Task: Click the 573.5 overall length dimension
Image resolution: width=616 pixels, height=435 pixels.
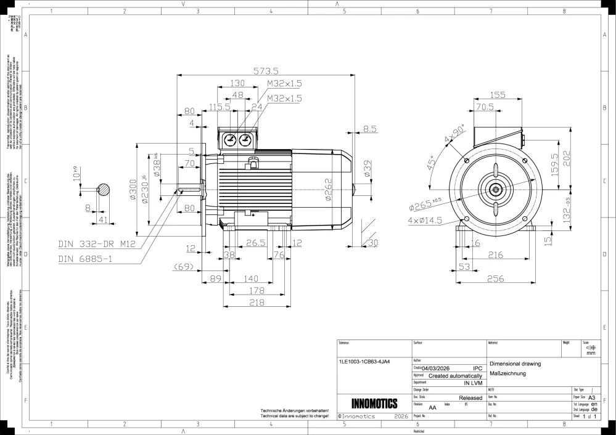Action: [268, 71]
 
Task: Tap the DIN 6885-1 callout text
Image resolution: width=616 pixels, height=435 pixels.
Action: [84, 259]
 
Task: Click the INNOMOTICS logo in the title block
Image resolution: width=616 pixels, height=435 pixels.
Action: [374, 404]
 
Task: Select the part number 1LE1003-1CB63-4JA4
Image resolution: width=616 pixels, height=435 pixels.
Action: [364, 362]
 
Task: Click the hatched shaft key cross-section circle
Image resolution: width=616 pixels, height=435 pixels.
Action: [104, 190]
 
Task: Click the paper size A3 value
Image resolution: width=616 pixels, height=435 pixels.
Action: [593, 398]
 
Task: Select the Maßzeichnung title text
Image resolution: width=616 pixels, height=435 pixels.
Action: [507, 374]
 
